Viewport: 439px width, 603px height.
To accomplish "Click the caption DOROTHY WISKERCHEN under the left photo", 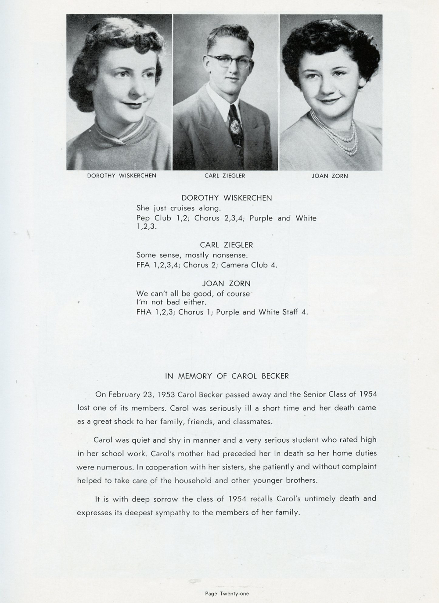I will (122, 176).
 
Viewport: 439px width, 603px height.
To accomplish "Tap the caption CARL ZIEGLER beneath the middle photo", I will (225, 176).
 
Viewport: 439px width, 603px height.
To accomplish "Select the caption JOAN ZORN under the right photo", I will (330, 176).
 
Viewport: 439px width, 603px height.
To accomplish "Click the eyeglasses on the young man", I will (229, 61).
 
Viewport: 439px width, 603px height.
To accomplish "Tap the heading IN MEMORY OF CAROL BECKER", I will (227, 376).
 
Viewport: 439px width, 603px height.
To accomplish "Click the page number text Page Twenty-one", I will (227, 593).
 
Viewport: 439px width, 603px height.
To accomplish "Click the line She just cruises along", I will (179, 208).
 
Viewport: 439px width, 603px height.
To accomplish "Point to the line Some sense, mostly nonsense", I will (192, 255).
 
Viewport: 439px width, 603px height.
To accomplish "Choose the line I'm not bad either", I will (171, 302).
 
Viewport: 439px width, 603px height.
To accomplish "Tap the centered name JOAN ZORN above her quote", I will (227, 284).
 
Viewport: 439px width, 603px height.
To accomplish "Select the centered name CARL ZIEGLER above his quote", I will (227, 245).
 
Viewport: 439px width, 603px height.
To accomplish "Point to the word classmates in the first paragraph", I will (252, 422).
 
